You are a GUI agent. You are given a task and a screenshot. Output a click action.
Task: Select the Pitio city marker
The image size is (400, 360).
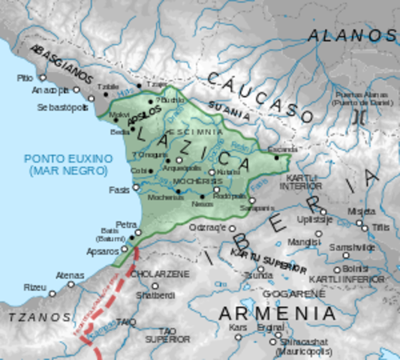pos(43,77)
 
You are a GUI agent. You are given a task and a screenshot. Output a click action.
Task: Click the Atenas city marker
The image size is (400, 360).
pos(71,284)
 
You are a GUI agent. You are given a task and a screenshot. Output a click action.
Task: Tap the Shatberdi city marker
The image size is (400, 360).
pos(155,286)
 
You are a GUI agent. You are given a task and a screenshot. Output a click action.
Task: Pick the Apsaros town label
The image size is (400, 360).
pos(103,251)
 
